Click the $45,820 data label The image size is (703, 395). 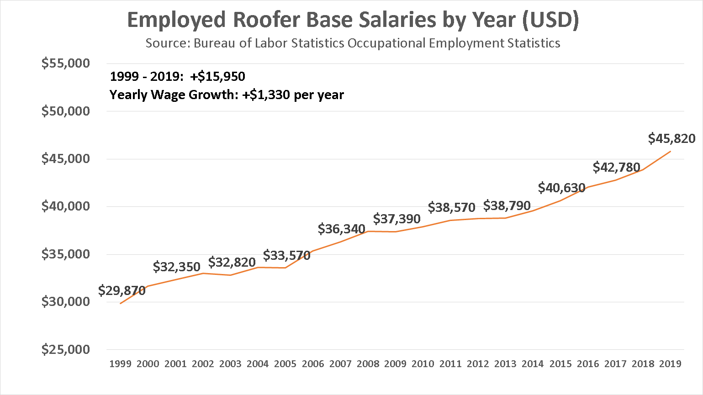pyautogui.click(x=671, y=138)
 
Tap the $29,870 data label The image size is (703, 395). pyautogui.click(x=122, y=290)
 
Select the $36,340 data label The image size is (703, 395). pyautogui.click(x=341, y=229)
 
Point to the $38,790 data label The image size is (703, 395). pyautogui.click(x=507, y=205)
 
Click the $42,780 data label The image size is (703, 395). pyautogui.click(x=616, y=167)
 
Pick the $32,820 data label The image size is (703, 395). pyautogui.click(x=232, y=262)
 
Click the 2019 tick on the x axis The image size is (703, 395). pyautogui.click(x=670, y=364)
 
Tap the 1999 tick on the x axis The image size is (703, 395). pyautogui.click(x=121, y=364)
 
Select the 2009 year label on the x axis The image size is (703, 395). pyautogui.click(x=395, y=364)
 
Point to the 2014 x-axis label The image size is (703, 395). pyautogui.click(x=533, y=364)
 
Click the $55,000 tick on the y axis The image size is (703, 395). pyautogui.click(x=66, y=63)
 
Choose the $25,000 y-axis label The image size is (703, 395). pyautogui.click(x=66, y=349)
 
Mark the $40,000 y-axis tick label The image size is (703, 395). pyautogui.click(x=66, y=206)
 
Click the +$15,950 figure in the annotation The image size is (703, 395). pyautogui.click(x=218, y=76)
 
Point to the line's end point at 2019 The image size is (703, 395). pyautogui.click(x=670, y=151)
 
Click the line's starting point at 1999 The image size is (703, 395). pyautogui.click(x=121, y=303)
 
